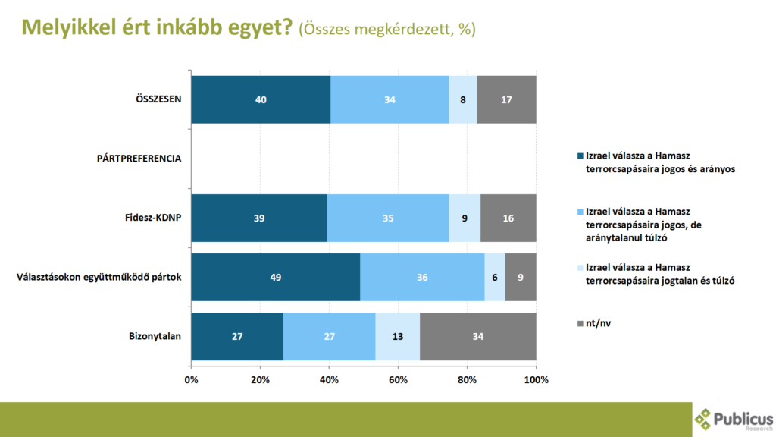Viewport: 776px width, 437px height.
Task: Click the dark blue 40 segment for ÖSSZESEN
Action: coord(261,99)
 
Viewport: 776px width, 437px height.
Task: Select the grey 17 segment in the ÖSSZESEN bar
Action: coord(506,99)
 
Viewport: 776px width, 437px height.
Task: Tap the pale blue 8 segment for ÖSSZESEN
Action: coord(462,99)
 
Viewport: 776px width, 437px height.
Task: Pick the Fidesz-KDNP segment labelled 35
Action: coord(388,218)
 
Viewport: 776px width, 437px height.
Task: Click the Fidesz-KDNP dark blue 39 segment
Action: coord(259,218)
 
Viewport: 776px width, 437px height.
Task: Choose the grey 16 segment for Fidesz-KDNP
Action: coord(508,218)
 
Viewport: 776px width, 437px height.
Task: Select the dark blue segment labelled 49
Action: coord(275,277)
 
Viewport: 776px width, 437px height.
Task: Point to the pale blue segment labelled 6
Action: coord(495,277)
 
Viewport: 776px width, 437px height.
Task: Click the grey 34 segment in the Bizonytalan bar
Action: coord(478,336)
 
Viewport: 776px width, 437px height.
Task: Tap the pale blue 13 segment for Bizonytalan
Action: coord(397,336)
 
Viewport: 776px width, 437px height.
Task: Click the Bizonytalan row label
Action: coord(155,336)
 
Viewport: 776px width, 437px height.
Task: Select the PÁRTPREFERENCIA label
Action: coord(139,159)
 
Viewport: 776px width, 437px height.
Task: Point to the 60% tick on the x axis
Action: coord(398,379)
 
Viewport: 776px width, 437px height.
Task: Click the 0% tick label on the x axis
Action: coord(191,379)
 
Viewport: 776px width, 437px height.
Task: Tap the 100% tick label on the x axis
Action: coord(536,379)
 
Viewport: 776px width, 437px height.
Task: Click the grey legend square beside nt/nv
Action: coord(580,324)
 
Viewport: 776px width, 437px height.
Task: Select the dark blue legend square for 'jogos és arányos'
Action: coord(580,156)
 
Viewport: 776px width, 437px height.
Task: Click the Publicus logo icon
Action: coord(704,419)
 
